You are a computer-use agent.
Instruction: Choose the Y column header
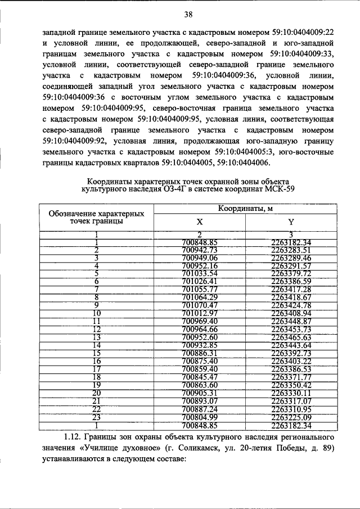tap(291, 222)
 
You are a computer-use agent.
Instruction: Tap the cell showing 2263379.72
tap(291, 273)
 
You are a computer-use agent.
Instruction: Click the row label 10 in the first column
tap(97, 313)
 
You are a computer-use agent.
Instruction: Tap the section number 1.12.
tap(74, 437)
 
